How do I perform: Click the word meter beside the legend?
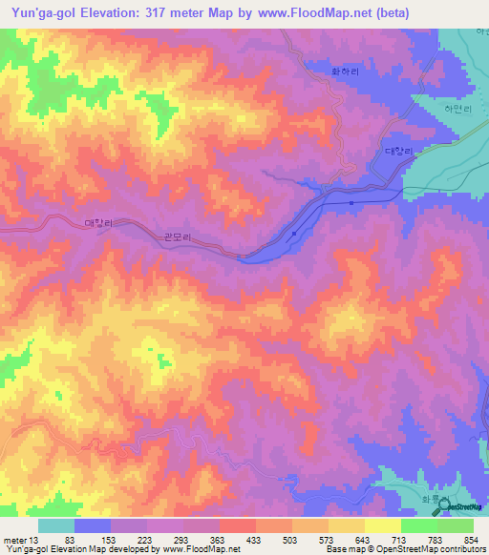tap(13, 541)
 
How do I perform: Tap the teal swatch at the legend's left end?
tap(56, 525)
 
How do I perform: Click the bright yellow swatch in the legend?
tap(383, 525)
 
